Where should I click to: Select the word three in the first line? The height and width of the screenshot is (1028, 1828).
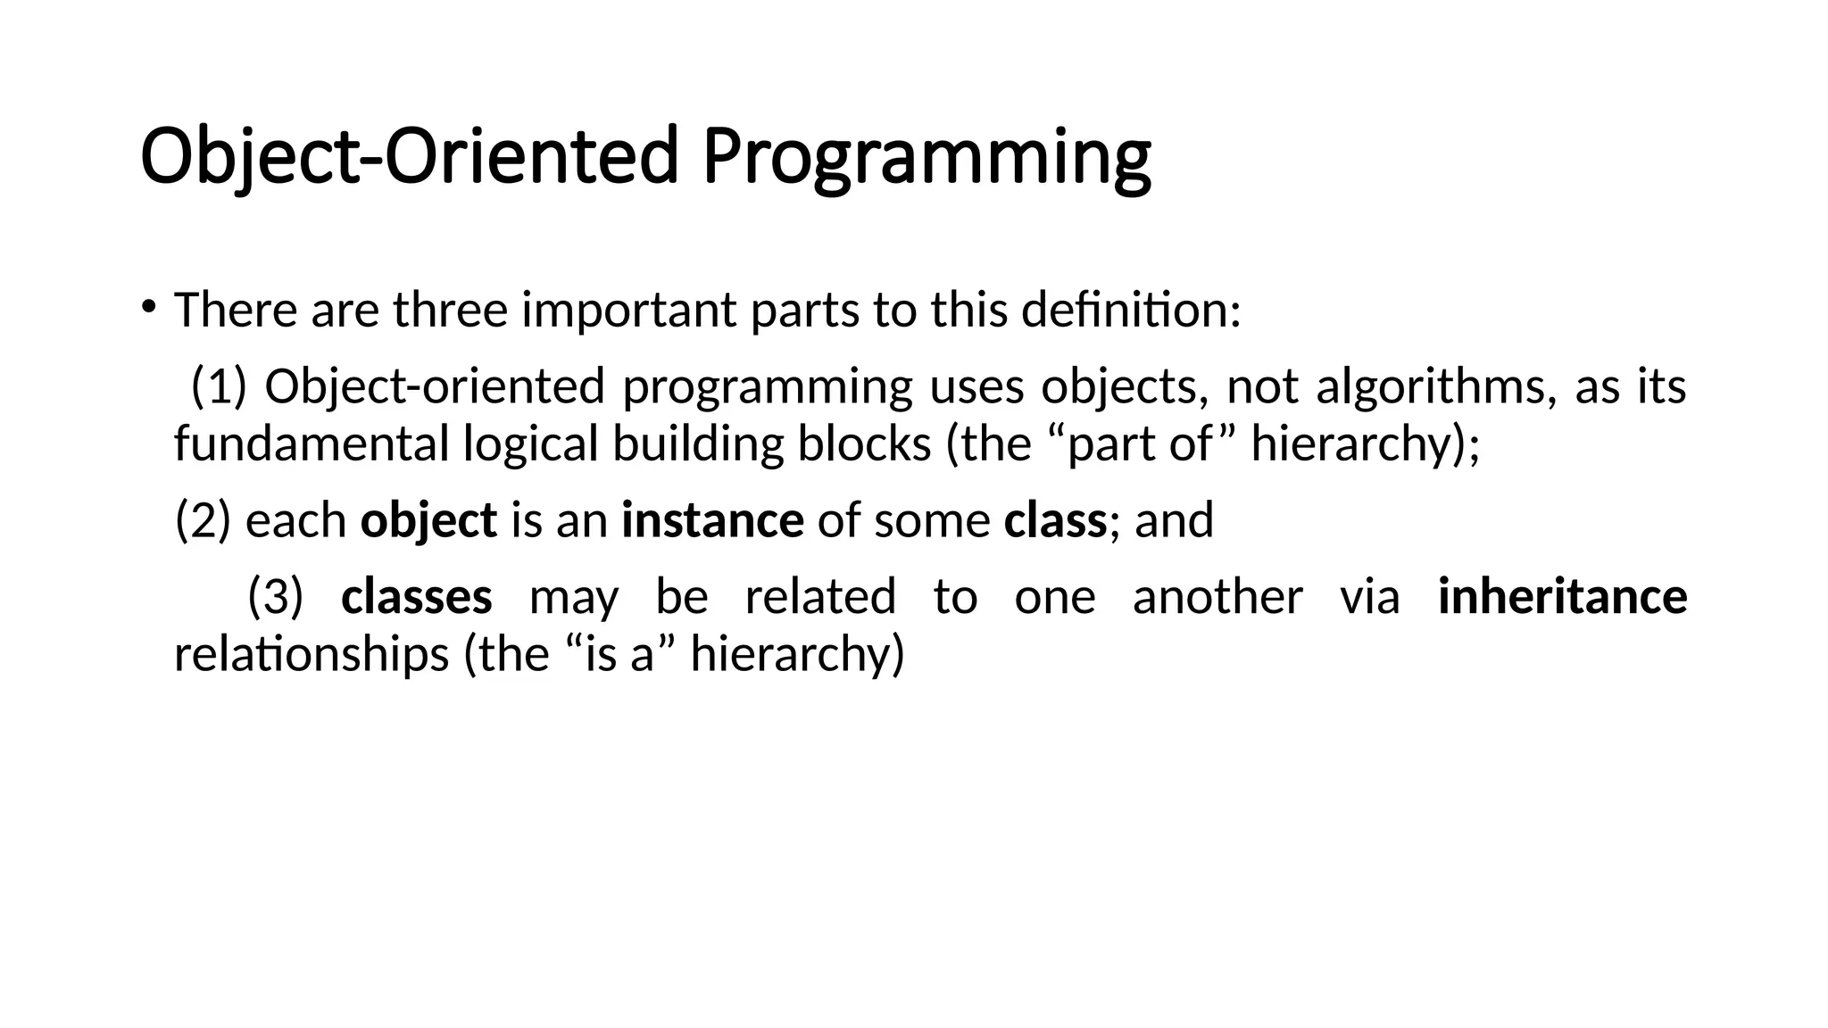click(x=450, y=311)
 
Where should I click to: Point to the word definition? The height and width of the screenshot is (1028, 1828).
click(x=1130, y=311)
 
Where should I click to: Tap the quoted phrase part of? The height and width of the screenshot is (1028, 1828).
click(x=1140, y=444)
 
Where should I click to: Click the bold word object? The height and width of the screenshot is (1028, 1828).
click(x=428, y=521)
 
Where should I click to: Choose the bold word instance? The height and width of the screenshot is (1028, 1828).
click(x=712, y=521)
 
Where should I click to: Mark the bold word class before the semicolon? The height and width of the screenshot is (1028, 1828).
click(x=1054, y=521)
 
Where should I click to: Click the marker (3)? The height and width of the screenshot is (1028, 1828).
click(x=276, y=597)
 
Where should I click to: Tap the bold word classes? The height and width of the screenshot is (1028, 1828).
click(x=416, y=597)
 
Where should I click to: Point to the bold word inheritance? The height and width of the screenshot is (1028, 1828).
click(x=1562, y=597)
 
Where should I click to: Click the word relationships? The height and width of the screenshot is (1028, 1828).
click(x=311, y=655)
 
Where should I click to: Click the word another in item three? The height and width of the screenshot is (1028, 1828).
click(x=1217, y=597)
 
